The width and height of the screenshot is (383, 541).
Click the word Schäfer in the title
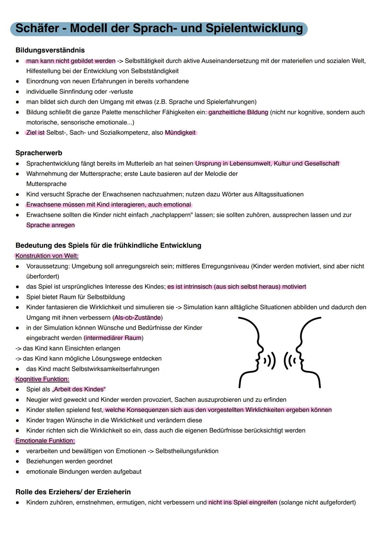coord(37,28)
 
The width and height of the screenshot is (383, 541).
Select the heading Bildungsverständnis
coord(50,50)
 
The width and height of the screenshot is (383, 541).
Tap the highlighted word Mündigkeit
coord(180,133)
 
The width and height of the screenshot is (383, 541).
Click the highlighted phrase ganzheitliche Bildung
coord(238,112)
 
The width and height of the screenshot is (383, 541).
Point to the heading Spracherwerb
coord(39,153)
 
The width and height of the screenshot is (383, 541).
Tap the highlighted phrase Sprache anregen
coord(50,225)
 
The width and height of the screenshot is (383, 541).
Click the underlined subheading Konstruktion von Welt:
coord(47,256)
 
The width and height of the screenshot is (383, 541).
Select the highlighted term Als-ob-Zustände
coord(138,318)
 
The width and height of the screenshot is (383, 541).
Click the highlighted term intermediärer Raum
coord(113,338)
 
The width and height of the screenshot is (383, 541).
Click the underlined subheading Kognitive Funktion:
coord(42,379)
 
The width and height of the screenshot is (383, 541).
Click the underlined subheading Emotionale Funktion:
coord(45,441)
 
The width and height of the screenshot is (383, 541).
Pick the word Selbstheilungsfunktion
coord(187,451)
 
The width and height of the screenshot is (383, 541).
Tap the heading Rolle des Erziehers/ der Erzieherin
coord(73,492)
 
